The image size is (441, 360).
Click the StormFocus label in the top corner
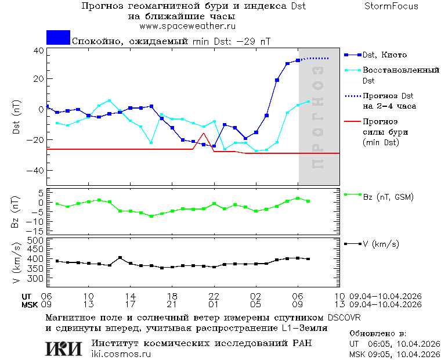click(392, 6)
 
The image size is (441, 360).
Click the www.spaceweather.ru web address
click(187, 26)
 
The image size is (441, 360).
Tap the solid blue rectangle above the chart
click(58, 38)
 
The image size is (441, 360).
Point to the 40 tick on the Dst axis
click(38, 51)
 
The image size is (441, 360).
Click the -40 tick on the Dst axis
click(36, 171)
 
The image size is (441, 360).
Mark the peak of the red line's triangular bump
click(204, 134)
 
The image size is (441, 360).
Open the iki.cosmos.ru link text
click(121, 354)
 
